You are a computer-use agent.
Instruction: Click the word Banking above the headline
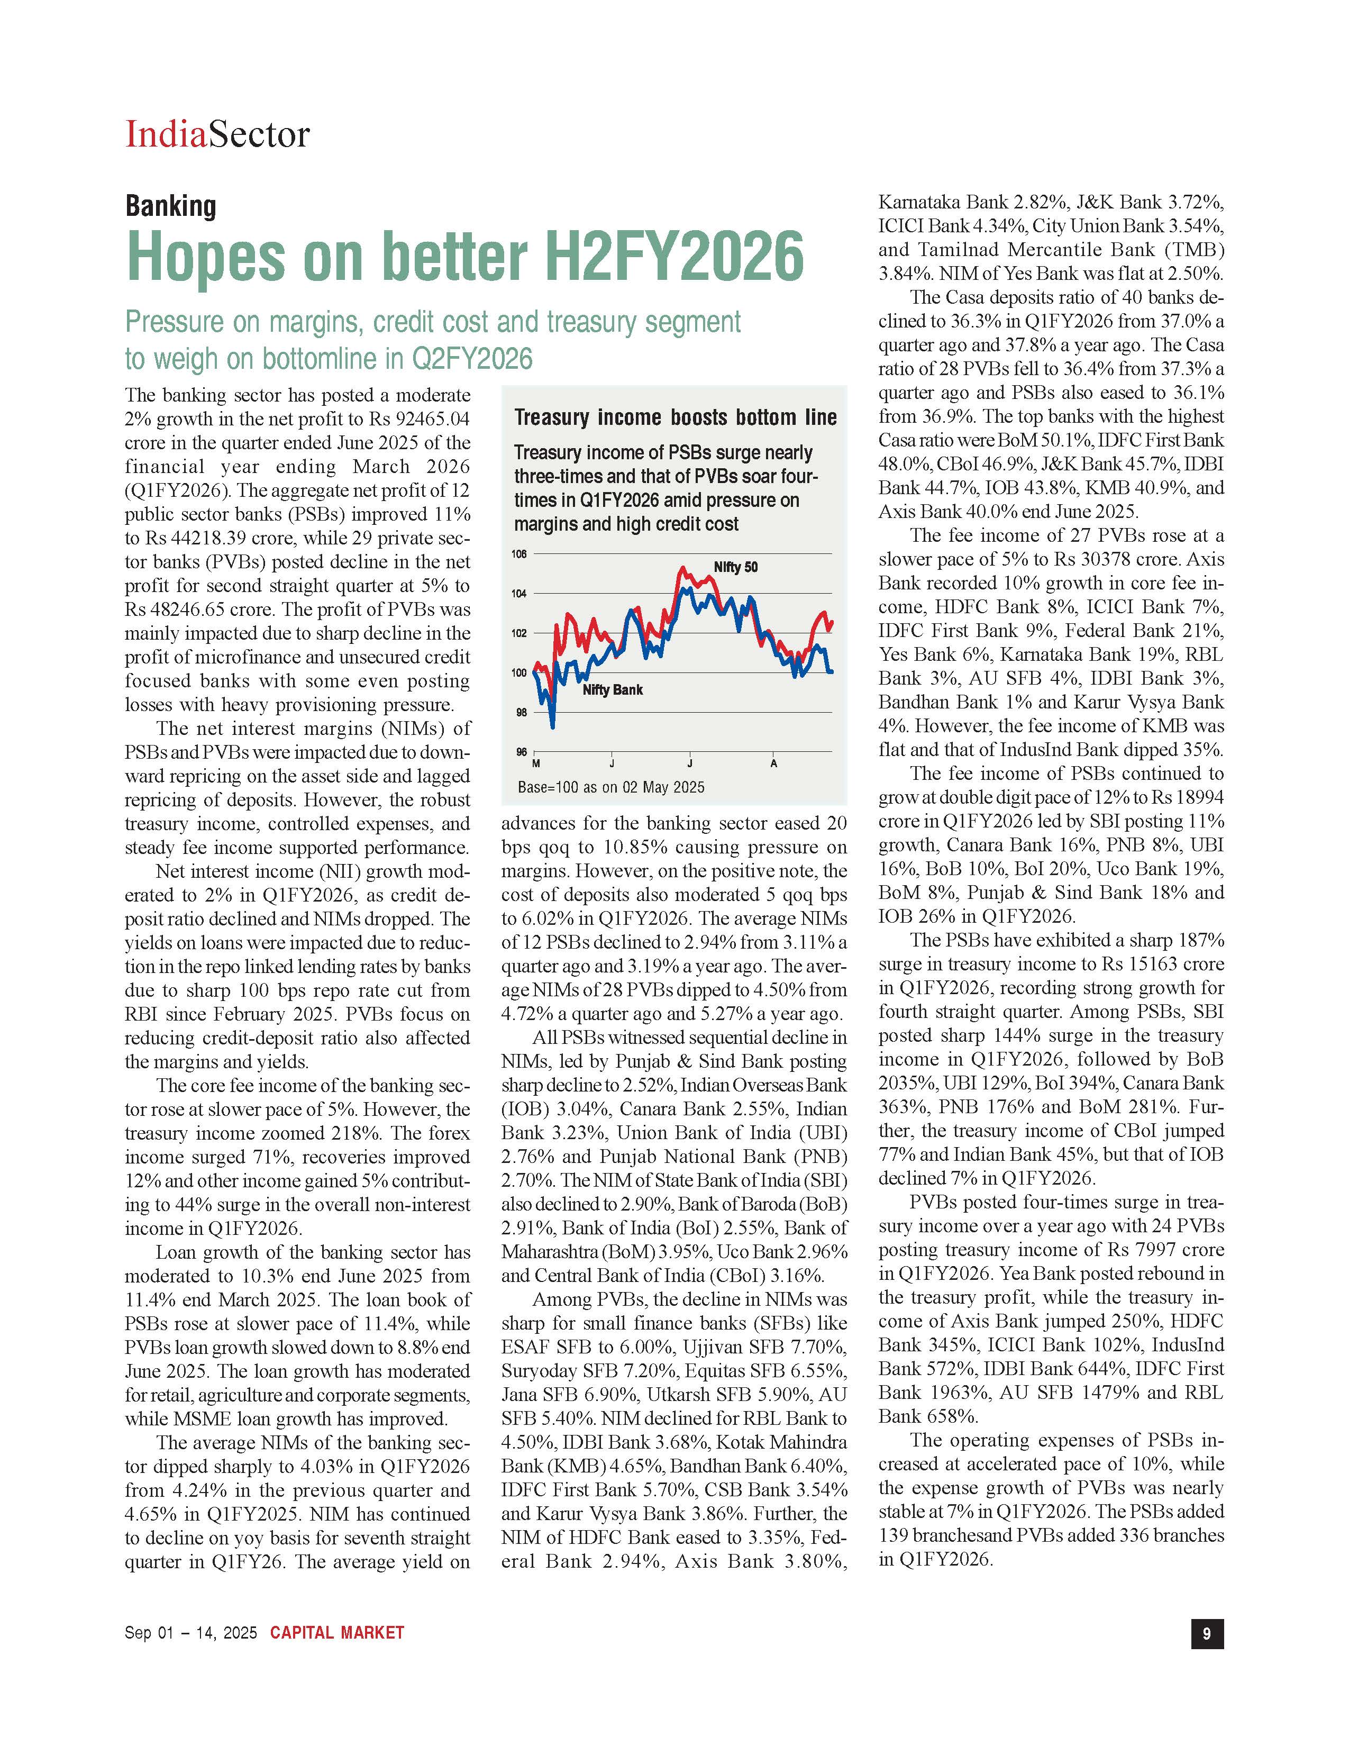[171, 206]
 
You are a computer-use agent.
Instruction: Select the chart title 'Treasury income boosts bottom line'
[676, 417]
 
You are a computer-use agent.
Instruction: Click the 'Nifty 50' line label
[735, 568]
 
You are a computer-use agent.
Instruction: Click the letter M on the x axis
[535, 763]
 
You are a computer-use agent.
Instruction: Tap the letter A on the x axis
[773, 763]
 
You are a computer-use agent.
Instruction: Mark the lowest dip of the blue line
[553, 726]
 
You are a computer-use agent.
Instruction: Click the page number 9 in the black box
[1207, 1634]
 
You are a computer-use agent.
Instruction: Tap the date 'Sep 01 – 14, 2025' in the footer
[191, 1632]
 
